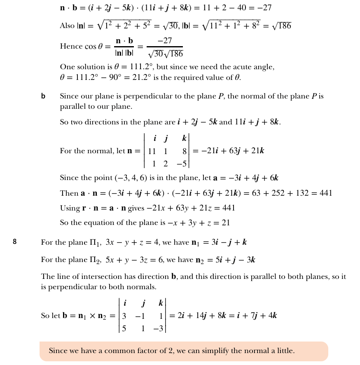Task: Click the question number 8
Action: pos(14,242)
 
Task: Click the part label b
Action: pos(43,96)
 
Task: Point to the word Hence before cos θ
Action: pos(71,47)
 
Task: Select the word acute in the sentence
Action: pos(248,67)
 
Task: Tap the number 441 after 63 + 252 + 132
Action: pos(324,193)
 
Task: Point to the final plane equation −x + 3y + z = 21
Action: pos(196,223)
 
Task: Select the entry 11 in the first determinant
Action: pos(152,151)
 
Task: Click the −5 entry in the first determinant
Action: pos(182,164)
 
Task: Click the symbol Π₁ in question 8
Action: pos(95,243)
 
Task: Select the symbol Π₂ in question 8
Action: pos(95,260)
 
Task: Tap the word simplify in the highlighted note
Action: pos(220,351)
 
